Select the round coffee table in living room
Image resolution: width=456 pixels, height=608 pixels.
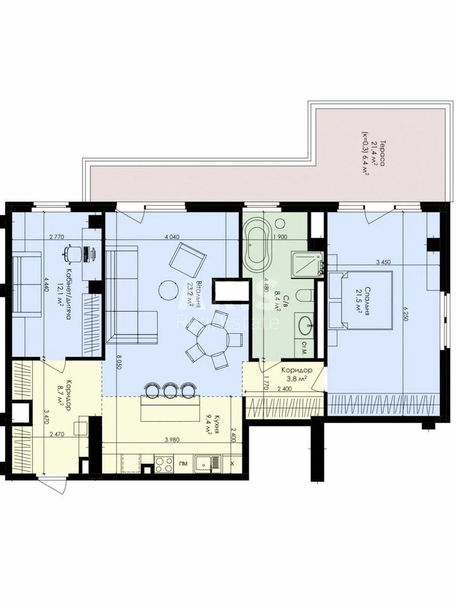168,290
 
